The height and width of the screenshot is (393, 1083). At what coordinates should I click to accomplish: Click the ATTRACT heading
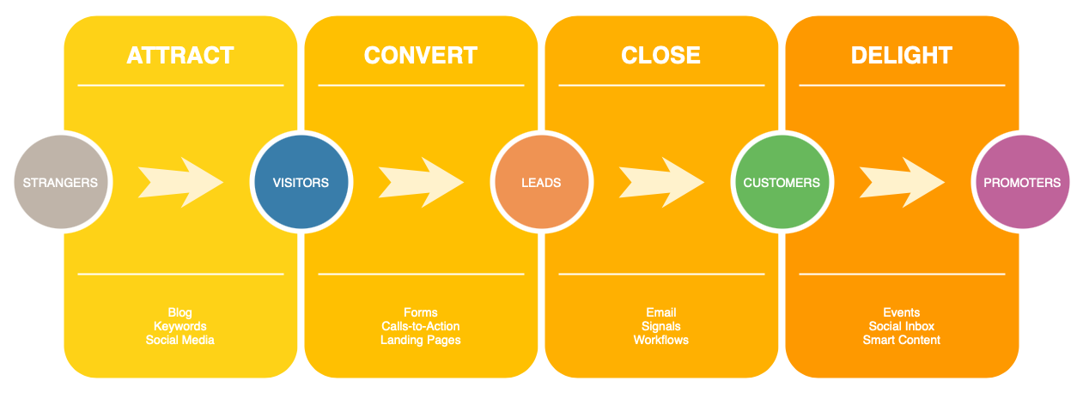180,56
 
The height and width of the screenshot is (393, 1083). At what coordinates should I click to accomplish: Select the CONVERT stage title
421,56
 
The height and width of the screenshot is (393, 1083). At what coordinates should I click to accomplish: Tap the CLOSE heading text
660,56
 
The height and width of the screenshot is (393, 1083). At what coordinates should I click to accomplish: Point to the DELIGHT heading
902,56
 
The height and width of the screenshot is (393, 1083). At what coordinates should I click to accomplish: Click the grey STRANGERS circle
60,183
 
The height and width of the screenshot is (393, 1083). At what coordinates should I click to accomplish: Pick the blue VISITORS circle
301,183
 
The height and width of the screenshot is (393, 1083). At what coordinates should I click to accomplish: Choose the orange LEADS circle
541,183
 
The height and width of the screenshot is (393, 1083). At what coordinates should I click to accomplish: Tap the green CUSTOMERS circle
782,183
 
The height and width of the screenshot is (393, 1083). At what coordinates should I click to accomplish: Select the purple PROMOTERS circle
1022,183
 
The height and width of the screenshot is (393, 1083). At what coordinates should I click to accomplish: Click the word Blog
180,312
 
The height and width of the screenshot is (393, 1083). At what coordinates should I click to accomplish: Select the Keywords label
180,326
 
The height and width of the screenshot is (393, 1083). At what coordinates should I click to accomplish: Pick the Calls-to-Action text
421,326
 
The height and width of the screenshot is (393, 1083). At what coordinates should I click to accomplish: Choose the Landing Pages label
421,340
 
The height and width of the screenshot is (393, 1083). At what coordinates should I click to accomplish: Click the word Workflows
661,340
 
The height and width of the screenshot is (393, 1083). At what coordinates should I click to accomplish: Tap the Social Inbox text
902,326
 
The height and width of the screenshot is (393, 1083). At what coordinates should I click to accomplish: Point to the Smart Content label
902,340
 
